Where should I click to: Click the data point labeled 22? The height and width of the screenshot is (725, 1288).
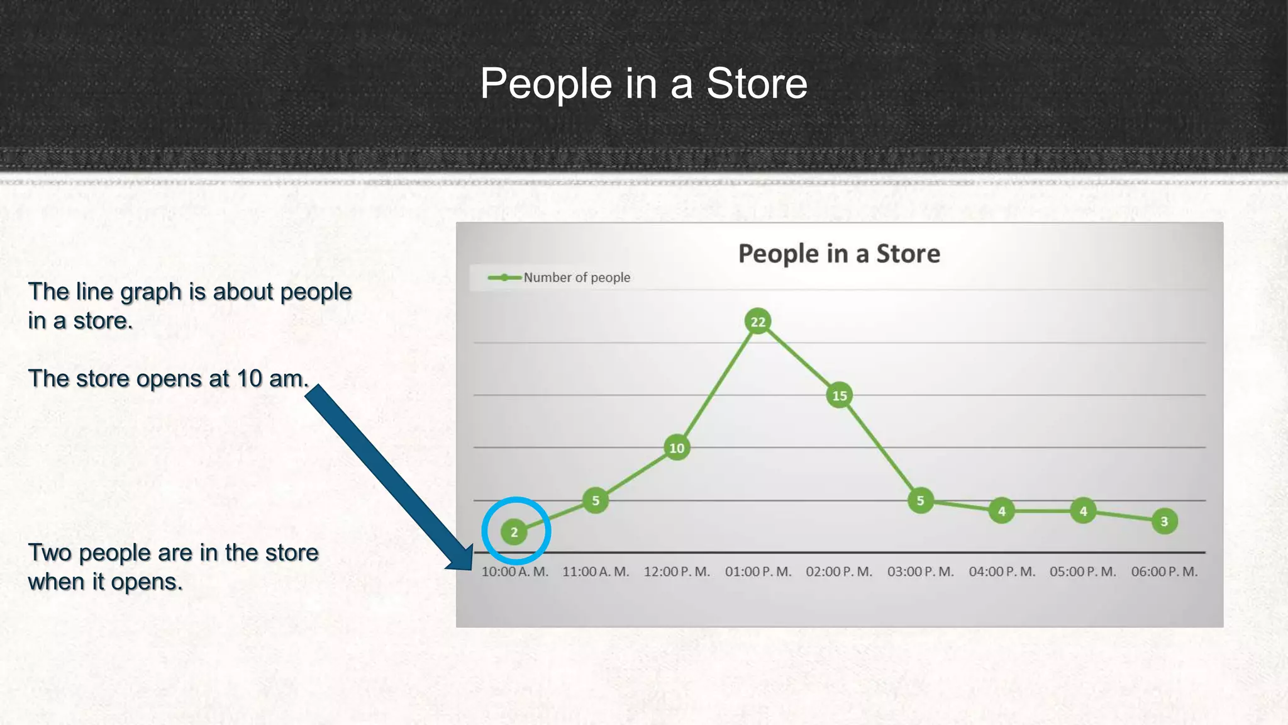(x=758, y=322)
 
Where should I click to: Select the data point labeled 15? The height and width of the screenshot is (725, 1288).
(x=839, y=395)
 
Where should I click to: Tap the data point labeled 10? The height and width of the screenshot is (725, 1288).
(x=677, y=448)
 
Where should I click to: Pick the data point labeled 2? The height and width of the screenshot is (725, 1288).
(x=514, y=532)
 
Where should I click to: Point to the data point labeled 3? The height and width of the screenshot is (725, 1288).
(x=1164, y=521)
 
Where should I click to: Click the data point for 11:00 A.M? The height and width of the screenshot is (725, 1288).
(x=595, y=501)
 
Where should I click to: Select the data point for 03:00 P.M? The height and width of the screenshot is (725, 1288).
(x=920, y=501)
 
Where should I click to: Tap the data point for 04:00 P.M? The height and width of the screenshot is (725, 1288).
(x=1001, y=511)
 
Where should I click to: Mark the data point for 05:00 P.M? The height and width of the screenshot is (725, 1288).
(x=1083, y=511)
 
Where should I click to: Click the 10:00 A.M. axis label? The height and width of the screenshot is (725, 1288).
(x=514, y=572)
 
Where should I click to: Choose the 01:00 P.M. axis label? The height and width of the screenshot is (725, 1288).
(x=758, y=572)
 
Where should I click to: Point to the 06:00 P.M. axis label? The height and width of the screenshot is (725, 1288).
(x=1164, y=572)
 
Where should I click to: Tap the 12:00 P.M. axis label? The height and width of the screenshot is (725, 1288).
(x=677, y=572)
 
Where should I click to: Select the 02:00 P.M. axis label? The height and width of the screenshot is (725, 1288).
(x=839, y=572)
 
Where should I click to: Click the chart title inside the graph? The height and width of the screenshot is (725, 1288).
(x=839, y=254)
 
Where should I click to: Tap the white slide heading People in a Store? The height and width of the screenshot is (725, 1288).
(x=643, y=83)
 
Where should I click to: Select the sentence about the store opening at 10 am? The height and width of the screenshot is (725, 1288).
(x=169, y=379)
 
